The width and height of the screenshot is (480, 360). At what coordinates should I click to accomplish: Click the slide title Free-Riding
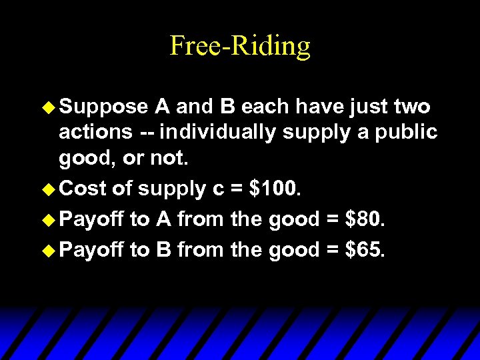click(x=240, y=46)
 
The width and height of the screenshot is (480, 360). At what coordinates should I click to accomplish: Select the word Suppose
click(x=103, y=106)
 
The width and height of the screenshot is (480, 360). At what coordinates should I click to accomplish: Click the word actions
click(x=95, y=132)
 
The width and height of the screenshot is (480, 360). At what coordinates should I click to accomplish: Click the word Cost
click(x=83, y=189)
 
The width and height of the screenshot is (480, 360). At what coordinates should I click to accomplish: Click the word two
click(x=412, y=106)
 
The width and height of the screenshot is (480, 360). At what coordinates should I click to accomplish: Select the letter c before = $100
click(x=218, y=189)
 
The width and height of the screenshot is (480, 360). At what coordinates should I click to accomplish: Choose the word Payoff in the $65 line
click(x=92, y=249)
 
